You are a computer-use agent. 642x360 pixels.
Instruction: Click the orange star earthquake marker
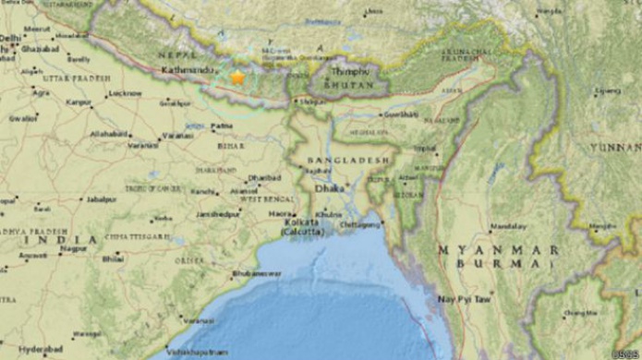pyautogui.click(x=237, y=78)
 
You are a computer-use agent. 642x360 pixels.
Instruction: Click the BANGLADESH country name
pyautogui.click(x=330, y=158)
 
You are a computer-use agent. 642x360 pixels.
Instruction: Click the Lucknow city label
pyautogui.click(x=125, y=94)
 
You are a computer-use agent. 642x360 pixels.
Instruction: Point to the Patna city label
pyautogui.click(x=223, y=125)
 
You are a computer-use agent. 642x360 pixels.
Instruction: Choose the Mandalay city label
pyautogui.click(x=503, y=225)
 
